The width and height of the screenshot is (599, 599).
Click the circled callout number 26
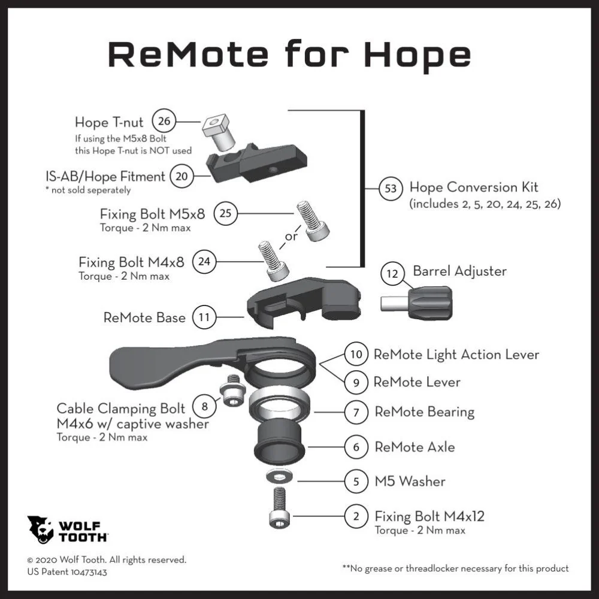(164, 121)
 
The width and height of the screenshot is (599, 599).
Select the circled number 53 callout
(391, 188)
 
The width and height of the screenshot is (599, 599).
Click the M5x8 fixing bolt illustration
(313, 221)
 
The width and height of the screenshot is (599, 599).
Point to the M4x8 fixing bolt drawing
(273, 262)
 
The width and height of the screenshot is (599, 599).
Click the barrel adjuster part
(416, 303)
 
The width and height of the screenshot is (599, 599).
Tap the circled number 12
(392, 274)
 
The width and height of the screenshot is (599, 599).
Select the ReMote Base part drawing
(304, 302)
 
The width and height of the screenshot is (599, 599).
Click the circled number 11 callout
(204, 317)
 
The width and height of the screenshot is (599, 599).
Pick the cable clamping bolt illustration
(231, 391)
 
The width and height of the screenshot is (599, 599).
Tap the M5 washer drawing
(280, 477)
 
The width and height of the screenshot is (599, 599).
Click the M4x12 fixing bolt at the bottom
(280, 508)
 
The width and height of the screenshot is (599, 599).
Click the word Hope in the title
(418, 55)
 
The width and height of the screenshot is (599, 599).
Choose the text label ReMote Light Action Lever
(456, 355)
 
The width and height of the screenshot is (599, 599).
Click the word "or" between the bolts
(291, 237)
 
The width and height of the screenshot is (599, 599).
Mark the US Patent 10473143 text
(67, 572)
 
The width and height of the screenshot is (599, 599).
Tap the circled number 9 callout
(356, 382)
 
